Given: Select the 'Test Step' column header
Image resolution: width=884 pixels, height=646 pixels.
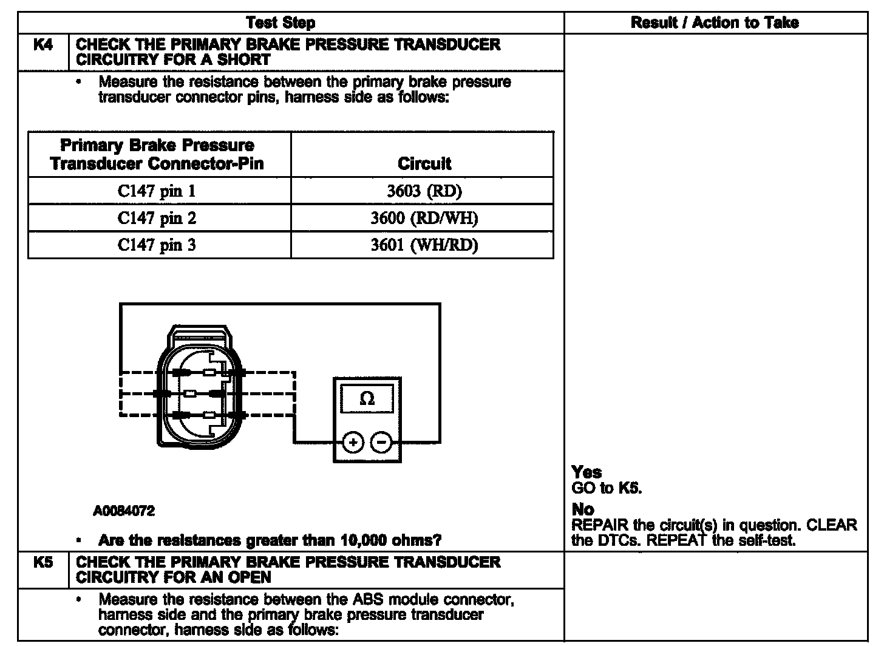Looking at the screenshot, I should [x=280, y=23].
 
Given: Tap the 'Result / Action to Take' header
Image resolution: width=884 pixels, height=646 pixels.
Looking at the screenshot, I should [x=715, y=23].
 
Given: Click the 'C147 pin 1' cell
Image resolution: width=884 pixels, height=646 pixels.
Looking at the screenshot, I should [x=157, y=191].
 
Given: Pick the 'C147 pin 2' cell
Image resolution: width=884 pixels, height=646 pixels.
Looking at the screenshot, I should [x=157, y=218].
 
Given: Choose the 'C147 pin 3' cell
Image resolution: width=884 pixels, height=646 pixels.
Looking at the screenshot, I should [x=157, y=245].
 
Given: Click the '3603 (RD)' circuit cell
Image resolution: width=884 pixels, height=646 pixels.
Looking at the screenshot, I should [x=424, y=191].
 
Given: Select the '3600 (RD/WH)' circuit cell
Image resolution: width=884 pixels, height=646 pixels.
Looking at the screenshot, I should [x=424, y=218].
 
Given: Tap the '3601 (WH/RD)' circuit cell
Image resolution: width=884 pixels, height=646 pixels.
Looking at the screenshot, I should [x=424, y=245].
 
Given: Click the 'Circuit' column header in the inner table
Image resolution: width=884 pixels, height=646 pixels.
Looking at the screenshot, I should [x=424, y=163].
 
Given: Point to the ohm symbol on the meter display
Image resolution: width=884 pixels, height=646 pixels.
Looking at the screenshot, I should [x=367, y=399].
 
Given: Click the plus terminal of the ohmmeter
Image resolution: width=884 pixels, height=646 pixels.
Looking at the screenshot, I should [x=353, y=443].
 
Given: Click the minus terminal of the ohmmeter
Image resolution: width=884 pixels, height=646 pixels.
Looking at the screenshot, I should [x=381, y=443].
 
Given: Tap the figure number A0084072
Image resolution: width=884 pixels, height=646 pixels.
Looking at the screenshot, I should [x=124, y=511].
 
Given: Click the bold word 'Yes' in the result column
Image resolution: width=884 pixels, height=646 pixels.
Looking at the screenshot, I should [x=586, y=472].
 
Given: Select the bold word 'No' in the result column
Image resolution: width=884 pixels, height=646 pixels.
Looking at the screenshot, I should [x=583, y=509].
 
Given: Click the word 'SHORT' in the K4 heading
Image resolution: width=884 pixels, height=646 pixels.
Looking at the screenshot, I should [x=243, y=59].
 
